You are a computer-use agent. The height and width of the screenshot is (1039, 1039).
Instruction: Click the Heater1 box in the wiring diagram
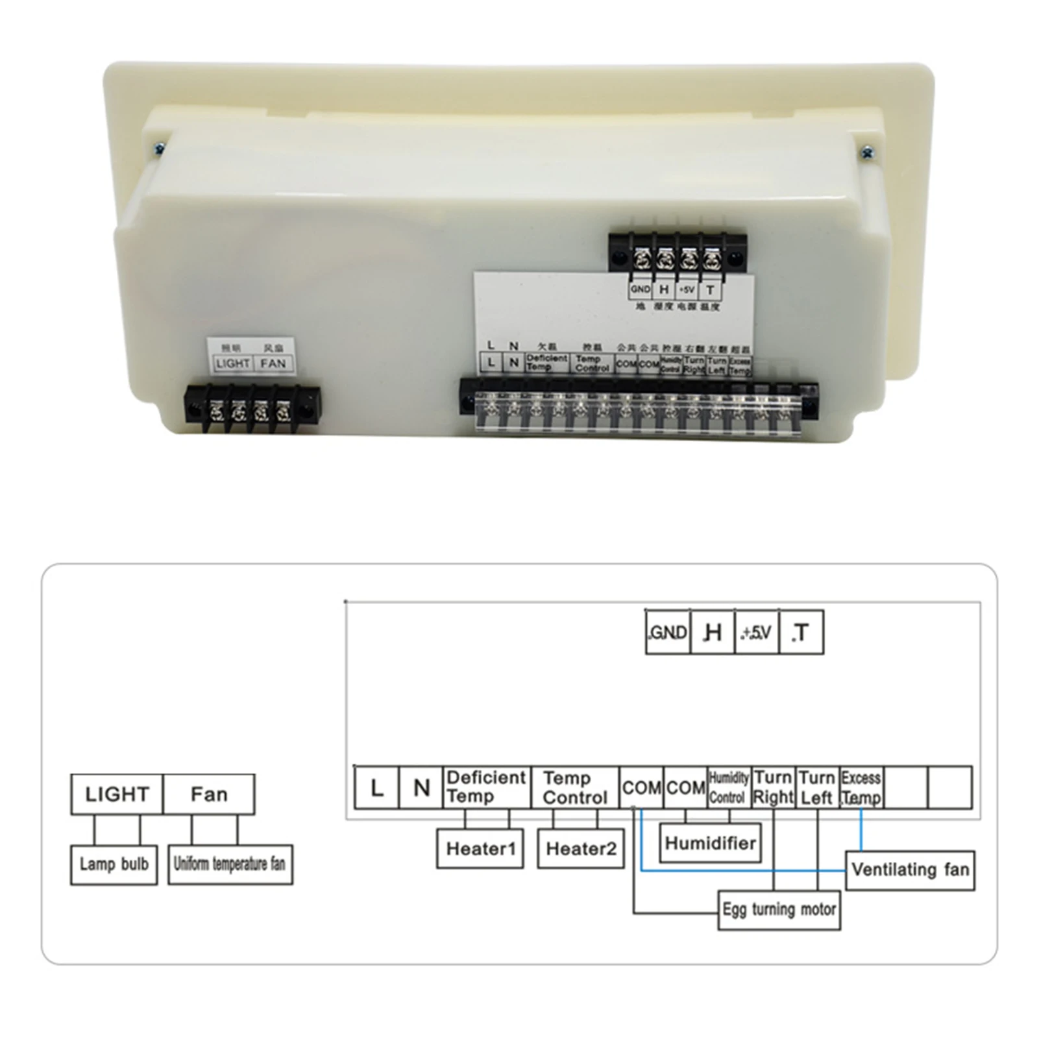tap(480, 848)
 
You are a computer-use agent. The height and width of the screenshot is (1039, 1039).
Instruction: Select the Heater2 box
tap(581, 848)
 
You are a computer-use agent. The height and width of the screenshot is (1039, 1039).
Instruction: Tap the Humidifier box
tap(710, 843)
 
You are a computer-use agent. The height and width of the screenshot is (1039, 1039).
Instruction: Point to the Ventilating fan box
tap(910, 870)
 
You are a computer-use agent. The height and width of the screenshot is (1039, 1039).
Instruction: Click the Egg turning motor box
tap(779, 910)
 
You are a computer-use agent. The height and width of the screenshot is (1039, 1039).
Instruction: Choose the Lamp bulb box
tap(114, 864)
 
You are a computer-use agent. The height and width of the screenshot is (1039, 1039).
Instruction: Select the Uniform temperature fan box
tap(230, 864)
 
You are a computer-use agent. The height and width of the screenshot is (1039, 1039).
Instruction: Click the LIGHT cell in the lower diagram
tap(117, 794)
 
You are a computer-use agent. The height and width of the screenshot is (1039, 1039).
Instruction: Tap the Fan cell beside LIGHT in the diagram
tap(209, 794)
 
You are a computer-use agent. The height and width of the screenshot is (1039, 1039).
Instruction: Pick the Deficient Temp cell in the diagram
tap(487, 787)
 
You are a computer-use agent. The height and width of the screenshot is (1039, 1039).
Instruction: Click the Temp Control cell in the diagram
tap(575, 787)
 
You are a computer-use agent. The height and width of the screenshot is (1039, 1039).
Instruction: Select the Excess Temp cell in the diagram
tap(861, 787)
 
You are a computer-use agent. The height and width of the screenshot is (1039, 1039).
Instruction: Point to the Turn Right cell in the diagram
tap(773, 787)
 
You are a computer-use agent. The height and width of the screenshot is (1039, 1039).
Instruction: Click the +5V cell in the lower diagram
tap(757, 632)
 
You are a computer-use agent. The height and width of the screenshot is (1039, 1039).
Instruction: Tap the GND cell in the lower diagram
tap(668, 632)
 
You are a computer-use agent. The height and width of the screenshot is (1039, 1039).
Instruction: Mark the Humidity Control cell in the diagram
tap(728, 787)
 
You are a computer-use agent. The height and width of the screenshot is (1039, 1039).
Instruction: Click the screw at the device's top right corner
tap(868, 153)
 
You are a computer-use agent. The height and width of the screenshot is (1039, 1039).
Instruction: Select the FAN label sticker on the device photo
tap(273, 363)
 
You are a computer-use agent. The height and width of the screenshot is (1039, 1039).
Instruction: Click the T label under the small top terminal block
tap(710, 290)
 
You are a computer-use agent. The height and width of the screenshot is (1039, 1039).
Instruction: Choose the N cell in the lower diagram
tap(421, 787)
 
